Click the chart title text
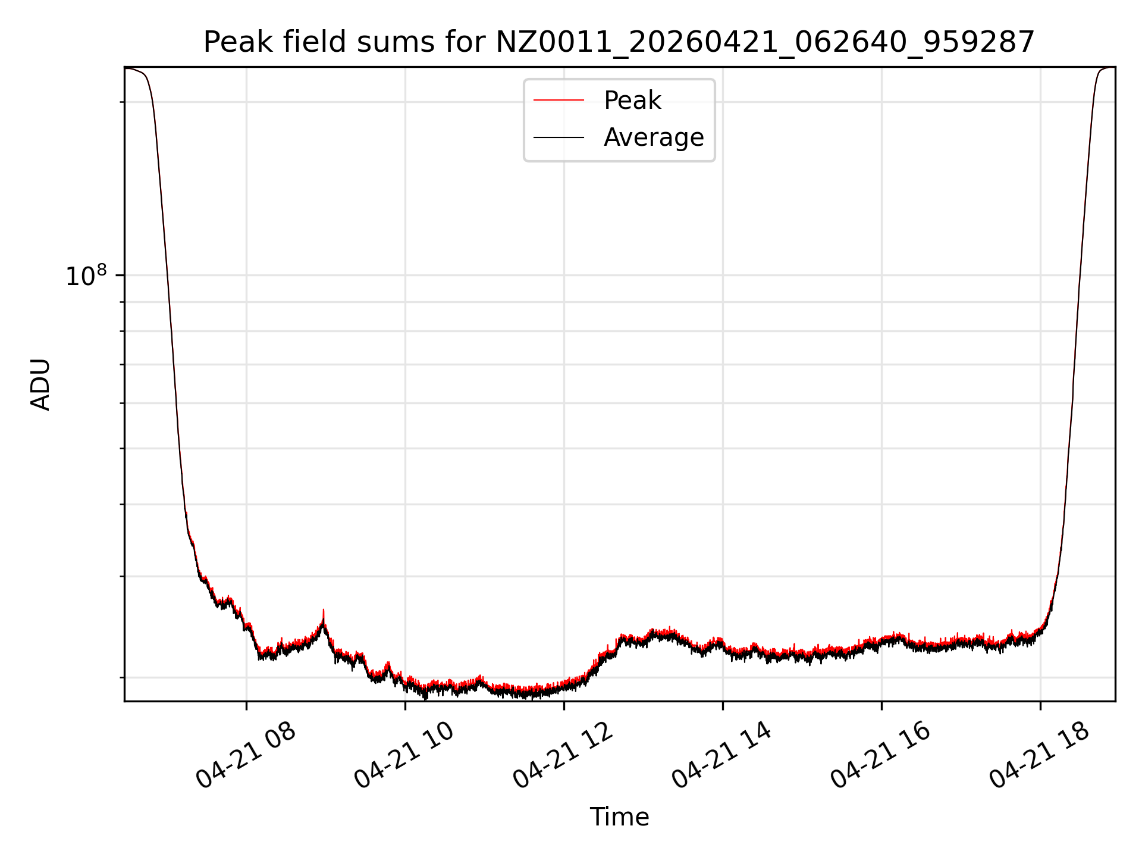coord(619,42)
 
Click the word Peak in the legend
coord(632,101)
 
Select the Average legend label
coord(653,137)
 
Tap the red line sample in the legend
coord(559,101)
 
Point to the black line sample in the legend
coord(559,137)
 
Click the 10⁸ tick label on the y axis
coord(86,276)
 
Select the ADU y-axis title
coord(40,384)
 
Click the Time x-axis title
coord(619,817)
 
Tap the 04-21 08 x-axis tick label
coord(246,755)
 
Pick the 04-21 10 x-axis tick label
coord(405,755)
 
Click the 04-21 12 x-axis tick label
coord(564,755)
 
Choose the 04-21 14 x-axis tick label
coord(722,755)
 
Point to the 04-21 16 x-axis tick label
coord(881,755)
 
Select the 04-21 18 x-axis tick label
coord(1040,755)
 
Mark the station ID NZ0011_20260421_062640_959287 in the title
coord(765,42)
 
